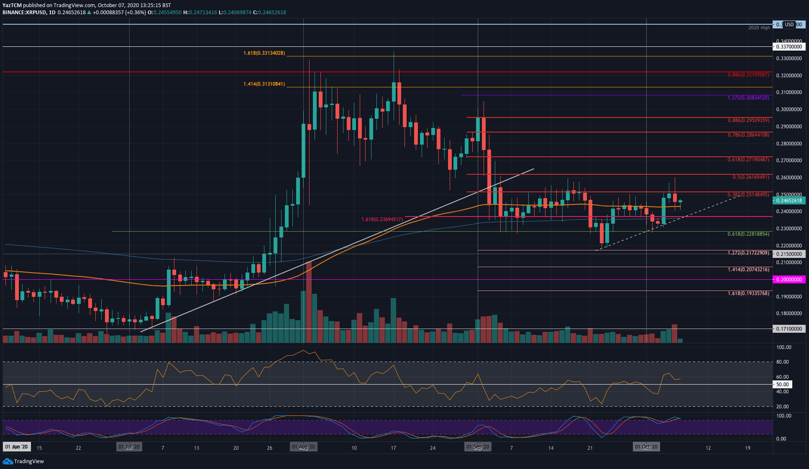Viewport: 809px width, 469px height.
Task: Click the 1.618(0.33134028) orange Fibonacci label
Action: [264, 53]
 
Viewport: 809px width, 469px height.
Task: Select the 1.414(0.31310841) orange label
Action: [264, 84]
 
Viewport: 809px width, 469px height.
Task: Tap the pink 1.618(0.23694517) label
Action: [382, 219]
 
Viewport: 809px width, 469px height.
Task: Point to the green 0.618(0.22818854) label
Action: [748, 234]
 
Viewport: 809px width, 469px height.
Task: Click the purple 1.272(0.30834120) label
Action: [748, 98]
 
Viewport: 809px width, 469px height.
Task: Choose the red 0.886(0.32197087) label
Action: [748, 75]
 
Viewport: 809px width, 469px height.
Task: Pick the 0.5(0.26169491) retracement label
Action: [750, 177]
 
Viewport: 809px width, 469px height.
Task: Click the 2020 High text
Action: [759, 28]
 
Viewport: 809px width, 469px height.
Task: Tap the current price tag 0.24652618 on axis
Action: [789, 201]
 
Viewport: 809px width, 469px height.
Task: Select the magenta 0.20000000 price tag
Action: [789, 279]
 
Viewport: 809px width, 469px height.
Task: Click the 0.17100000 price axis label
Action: [789, 329]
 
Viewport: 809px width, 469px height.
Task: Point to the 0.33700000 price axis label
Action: [789, 47]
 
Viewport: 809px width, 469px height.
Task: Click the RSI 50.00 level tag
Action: [782, 384]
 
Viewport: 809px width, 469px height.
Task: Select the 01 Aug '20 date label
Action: [303, 447]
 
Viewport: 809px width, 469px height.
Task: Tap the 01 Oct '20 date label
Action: [646, 447]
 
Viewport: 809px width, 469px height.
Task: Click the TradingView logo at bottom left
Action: [23, 461]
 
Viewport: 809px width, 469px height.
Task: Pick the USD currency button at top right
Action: [789, 25]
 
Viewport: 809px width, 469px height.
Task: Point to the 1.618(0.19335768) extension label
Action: [748, 293]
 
